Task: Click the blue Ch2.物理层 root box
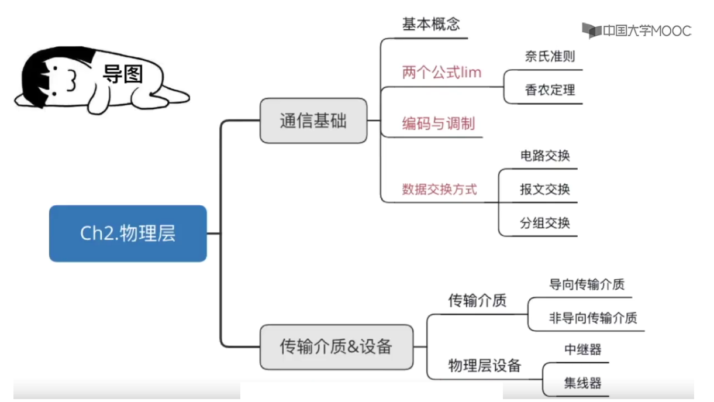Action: click(128, 233)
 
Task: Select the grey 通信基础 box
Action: click(313, 121)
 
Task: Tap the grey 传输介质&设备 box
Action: click(337, 347)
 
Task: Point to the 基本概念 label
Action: click(431, 24)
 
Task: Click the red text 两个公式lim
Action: click(441, 73)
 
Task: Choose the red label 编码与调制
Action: click(439, 123)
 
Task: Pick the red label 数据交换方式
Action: click(439, 190)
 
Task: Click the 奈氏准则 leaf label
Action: click(550, 57)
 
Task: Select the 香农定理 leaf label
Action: click(550, 90)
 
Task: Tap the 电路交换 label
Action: click(545, 156)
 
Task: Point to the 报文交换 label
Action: click(545, 189)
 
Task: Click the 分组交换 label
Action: click(545, 223)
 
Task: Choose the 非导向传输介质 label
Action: click(593, 318)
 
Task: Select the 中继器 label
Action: click(582, 349)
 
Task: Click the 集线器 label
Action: click(582, 383)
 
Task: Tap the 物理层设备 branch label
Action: click(485, 366)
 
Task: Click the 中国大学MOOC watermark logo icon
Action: click(591, 30)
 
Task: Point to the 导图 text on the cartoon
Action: click(123, 74)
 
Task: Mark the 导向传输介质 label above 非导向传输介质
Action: click(587, 284)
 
